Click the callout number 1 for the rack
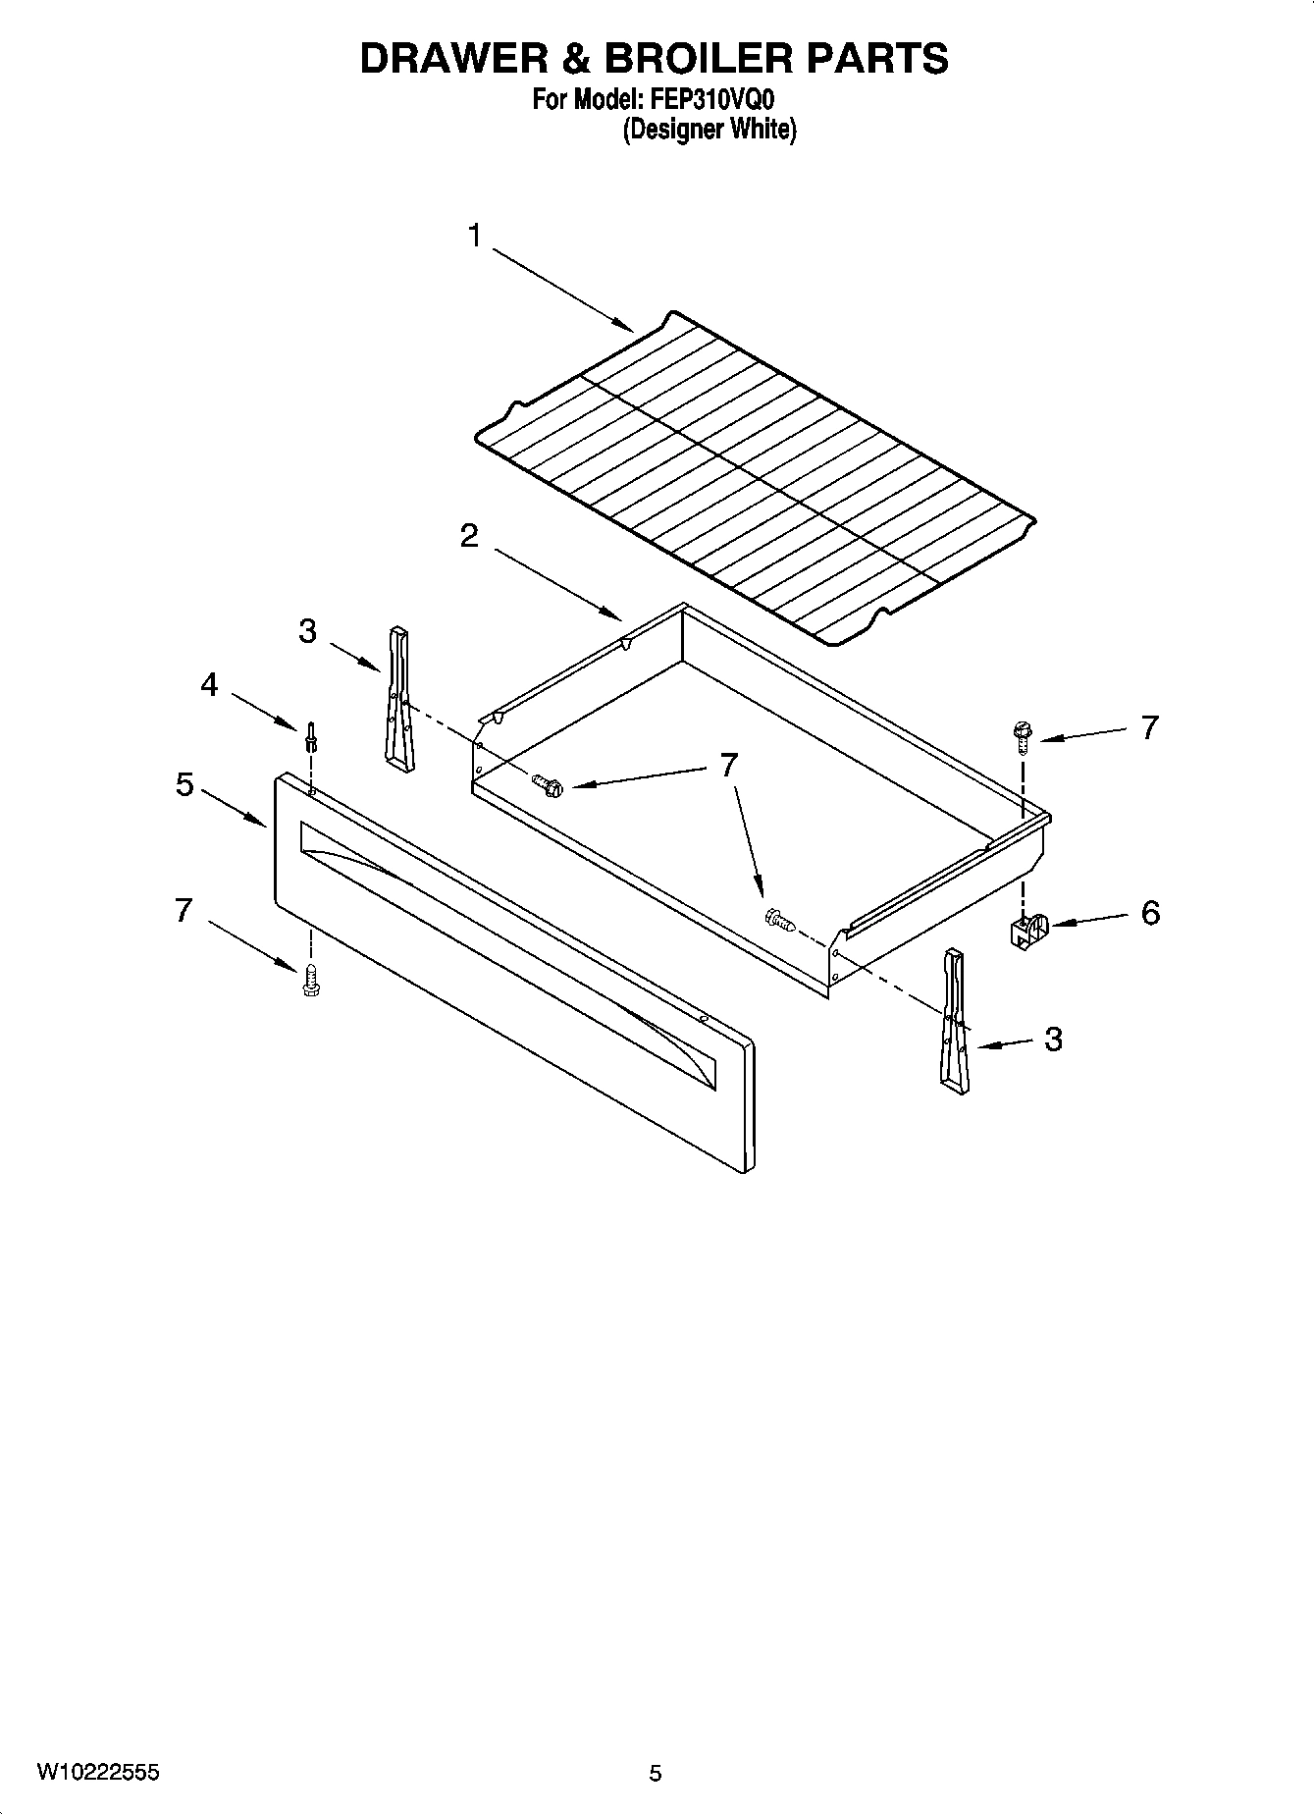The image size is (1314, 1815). (x=475, y=237)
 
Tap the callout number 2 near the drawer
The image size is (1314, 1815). (x=469, y=536)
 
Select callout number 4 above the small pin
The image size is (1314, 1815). (x=209, y=684)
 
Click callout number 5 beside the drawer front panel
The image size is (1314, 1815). (x=184, y=785)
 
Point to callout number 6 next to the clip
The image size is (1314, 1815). (x=1150, y=913)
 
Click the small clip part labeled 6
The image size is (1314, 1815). (x=1025, y=931)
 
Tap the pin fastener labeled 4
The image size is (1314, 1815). (x=311, y=736)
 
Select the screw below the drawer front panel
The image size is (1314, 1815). (x=311, y=980)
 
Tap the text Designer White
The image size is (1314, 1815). (x=710, y=130)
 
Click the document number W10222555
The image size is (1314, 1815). (x=99, y=1773)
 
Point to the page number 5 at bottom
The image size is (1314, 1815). (x=656, y=1774)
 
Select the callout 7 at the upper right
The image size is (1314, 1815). (x=1149, y=727)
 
